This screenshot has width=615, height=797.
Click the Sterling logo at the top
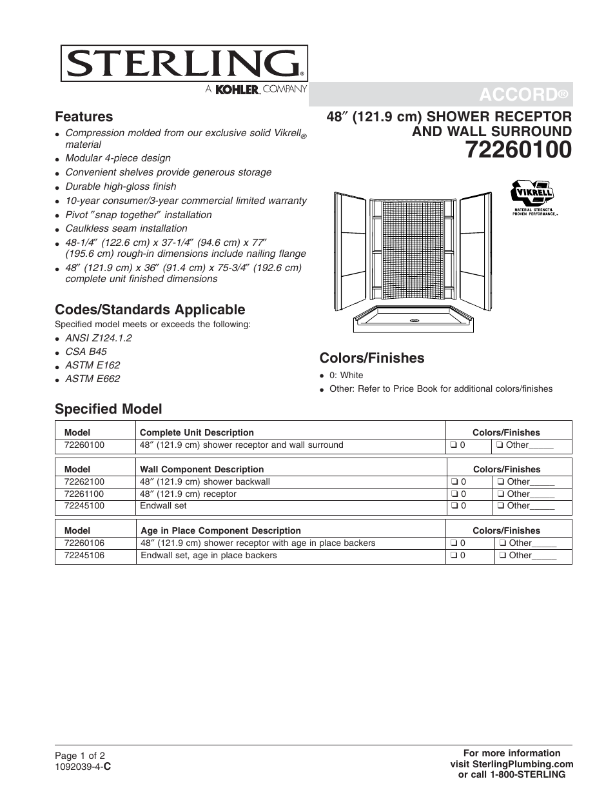[x=184, y=64]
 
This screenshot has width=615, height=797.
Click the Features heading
[x=84, y=117]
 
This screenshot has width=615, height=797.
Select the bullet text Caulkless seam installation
[x=126, y=228]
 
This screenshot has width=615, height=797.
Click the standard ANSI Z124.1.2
[x=99, y=338]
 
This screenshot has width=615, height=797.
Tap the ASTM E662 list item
[x=92, y=379]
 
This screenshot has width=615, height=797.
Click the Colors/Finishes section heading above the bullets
[x=372, y=358]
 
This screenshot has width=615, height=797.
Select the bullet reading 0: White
[x=346, y=375]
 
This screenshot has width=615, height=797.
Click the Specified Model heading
[x=108, y=409]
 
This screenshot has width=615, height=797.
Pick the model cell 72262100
[x=84, y=481]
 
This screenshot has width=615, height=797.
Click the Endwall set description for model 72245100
[x=163, y=505]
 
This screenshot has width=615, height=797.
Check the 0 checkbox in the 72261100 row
[x=454, y=494]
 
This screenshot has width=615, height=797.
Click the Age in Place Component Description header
[x=220, y=530]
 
